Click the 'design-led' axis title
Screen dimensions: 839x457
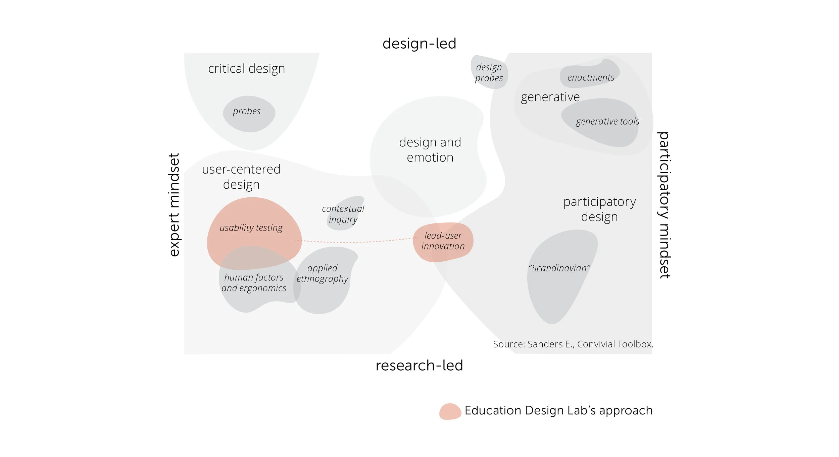[419, 44]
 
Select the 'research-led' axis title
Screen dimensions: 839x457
[419, 365]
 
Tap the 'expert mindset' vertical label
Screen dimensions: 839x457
[175, 205]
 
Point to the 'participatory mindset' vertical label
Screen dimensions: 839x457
[664, 205]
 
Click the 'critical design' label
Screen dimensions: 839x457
[247, 69]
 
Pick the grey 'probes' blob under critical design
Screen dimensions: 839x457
[249, 114]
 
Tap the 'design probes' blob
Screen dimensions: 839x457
[489, 72]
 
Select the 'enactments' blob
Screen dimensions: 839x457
[591, 75]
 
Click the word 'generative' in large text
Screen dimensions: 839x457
[550, 97]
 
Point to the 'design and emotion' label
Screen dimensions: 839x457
[430, 150]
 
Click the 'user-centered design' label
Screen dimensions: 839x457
[241, 177]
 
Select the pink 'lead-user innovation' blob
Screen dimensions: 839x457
[443, 241]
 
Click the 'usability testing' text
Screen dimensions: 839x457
[251, 228]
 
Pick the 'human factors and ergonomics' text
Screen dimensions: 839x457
[254, 282]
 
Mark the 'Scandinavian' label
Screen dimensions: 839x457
[559, 268]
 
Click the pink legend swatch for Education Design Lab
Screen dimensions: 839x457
[450, 411]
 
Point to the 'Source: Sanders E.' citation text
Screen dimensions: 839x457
[573, 344]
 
